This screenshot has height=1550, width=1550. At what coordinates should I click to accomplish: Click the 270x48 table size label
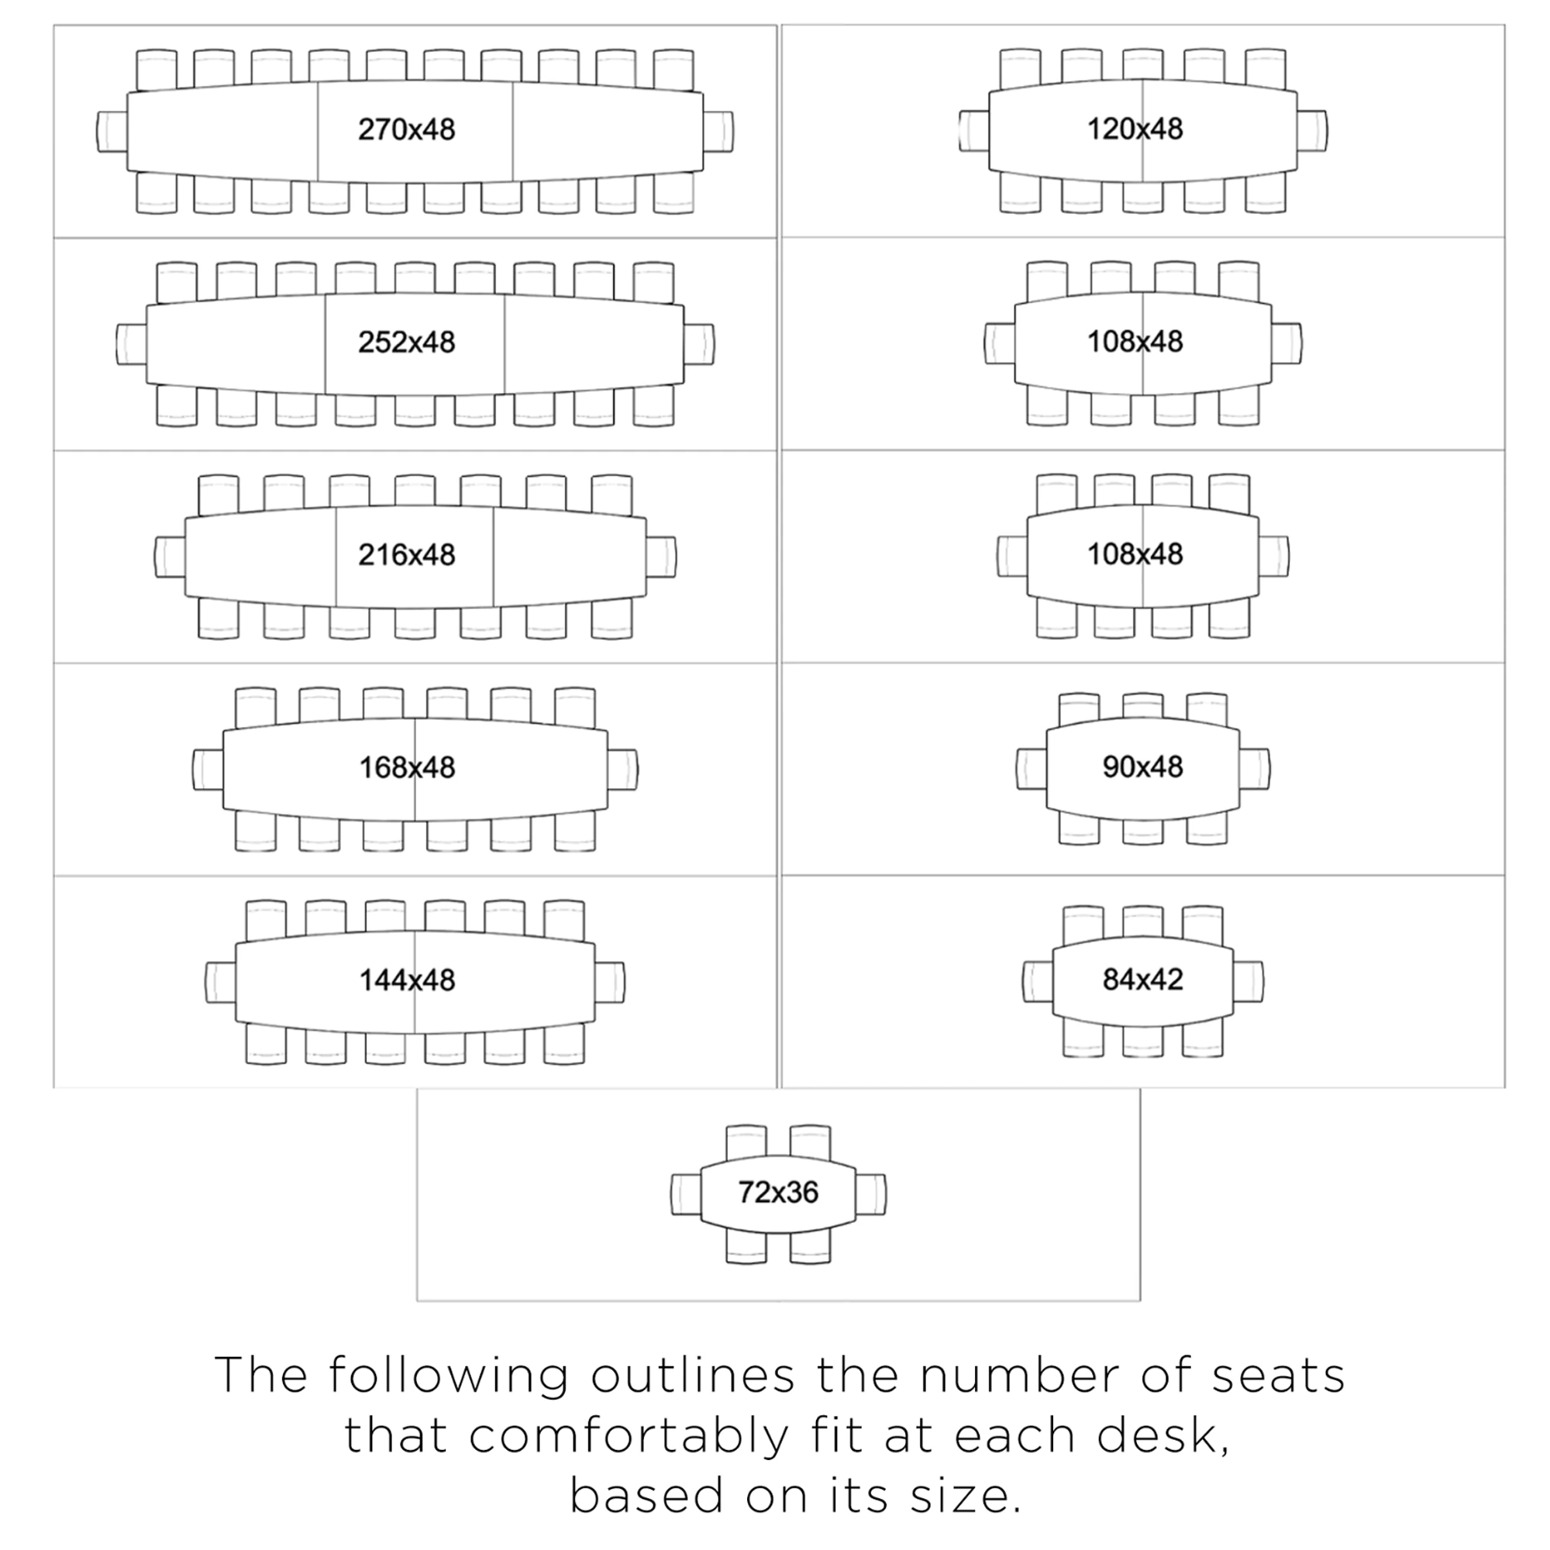pyautogui.click(x=407, y=129)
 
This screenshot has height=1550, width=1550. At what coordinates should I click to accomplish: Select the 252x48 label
pyautogui.click(x=407, y=342)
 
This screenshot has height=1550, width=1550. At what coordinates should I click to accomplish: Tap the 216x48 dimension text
pyautogui.click(x=407, y=554)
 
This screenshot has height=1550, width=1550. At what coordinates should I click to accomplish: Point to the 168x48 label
pyautogui.click(x=407, y=768)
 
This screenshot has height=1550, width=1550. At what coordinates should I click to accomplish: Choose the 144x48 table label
pyautogui.click(x=407, y=980)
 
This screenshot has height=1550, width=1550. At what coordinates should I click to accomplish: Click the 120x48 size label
pyautogui.click(x=1135, y=129)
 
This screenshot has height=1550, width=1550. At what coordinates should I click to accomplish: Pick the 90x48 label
pyautogui.click(x=1142, y=767)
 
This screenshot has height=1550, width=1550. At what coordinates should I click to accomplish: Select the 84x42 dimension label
pyautogui.click(x=1142, y=979)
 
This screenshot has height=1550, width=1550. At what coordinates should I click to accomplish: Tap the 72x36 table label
pyautogui.click(x=778, y=1192)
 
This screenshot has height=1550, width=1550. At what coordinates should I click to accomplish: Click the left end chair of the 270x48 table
pyautogui.click(x=112, y=131)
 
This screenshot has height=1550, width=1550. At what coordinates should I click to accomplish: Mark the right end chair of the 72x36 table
pyautogui.click(x=871, y=1193)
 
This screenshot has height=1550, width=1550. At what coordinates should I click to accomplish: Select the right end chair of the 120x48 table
pyautogui.click(x=1313, y=131)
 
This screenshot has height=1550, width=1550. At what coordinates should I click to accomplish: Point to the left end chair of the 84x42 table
pyautogui.click(x=1038, y=981)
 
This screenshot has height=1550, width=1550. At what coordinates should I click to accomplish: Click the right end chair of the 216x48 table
pyautogui.click(x=661, y=556)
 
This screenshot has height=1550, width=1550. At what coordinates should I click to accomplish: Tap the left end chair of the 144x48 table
pyautogui.click(x=221, y=982)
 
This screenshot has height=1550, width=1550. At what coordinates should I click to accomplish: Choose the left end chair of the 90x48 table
pyautogui.click(x=1032, y=770)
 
